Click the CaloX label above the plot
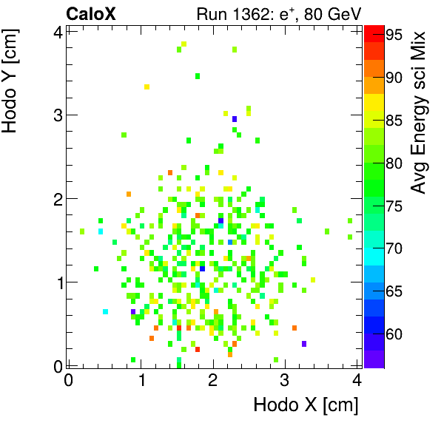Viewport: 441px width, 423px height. pyautogui.click(x=91, y=13)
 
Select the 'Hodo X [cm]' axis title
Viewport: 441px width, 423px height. pyautogui.click(x=306, y=405)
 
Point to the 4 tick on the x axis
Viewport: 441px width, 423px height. pyautogui.click(x=357, y=380)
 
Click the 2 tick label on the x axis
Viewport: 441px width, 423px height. pyautogui.click(x=212, y=380)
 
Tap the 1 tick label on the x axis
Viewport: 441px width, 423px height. pyautogui.click(x=140, y=380)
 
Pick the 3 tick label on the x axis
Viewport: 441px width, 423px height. pyautogui.click(x=285, y=380)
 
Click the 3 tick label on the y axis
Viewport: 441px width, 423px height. pyautogui.click(x=56, y=115)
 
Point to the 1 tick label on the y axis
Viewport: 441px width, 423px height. pyautogui.click(x=56, y=282)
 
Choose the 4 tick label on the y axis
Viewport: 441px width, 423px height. pyautogui.click(x=56, y=31)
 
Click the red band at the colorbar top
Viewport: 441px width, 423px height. pyautogui.click(x=374, y=31)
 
